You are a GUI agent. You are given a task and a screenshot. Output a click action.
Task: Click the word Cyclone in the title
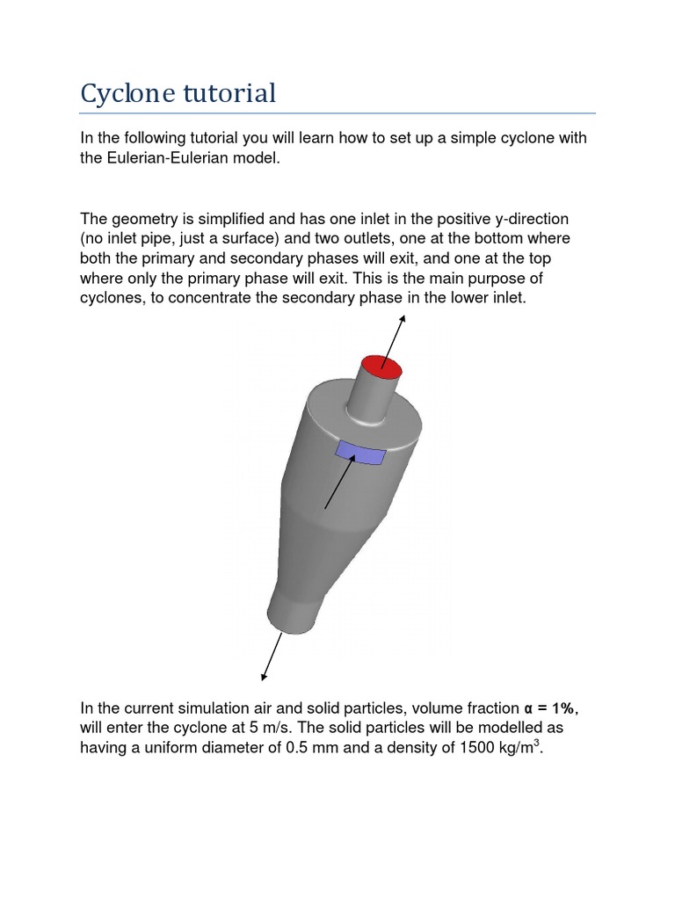[129, 93]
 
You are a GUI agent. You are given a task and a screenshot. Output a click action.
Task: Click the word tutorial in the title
[230, 92]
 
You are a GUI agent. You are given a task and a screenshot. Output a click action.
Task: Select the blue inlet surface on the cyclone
[360, 454]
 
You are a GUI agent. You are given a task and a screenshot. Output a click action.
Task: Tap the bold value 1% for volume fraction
[562, 708]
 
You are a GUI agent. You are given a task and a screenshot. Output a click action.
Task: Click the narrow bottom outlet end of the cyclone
[292, 615]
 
